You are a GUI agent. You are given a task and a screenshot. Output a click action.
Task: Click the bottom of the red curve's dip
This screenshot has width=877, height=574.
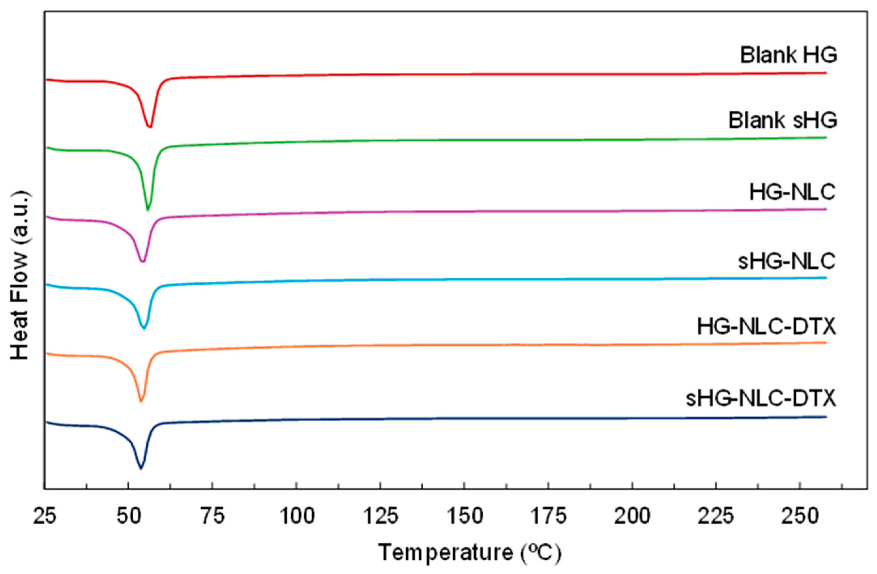pyautogui.click(x=150, y=126)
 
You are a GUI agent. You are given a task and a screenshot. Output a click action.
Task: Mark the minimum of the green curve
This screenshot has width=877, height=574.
pyautogui.click(x=148, y=210)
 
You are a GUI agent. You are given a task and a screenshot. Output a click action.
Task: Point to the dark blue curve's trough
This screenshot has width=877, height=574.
pyautogui.click(x=140, y=468)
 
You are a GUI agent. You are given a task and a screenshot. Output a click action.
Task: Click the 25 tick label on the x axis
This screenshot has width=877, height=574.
pyautogui.click(x=45, y=517)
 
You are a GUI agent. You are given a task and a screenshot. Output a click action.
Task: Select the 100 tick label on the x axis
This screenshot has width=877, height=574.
pyautogui.click(x=297, y=517)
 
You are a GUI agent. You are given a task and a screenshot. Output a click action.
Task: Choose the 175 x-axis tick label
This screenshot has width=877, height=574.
pyautogui.click(x=549, y=517)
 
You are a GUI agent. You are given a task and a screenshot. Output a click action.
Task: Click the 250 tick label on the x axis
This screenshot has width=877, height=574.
pyautogui.click(x=800, y=517)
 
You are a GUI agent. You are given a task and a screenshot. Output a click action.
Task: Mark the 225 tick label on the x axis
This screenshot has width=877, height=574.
pyautogui.click(x=716, y=517)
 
